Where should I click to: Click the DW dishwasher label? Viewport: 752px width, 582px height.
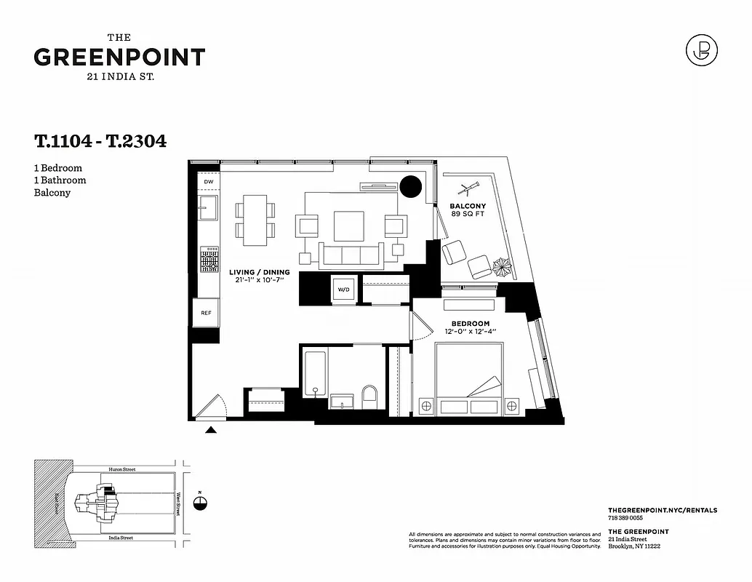click(208, 182)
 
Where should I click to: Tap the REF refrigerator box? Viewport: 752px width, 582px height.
click(206, 313)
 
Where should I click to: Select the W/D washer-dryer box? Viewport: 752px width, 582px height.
click(343, 290)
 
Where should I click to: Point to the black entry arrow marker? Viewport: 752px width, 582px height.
click(211, 431)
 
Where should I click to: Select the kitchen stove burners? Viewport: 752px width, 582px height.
click(209, 259)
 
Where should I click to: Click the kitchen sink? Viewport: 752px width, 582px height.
click(209, 207)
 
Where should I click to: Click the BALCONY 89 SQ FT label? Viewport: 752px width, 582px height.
click(467, 210)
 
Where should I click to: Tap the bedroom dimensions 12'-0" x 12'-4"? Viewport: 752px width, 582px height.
click(470, 332)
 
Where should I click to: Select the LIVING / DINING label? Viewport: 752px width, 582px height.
click(260, 272)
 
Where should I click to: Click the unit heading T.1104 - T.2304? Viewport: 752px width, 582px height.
click(100, 141)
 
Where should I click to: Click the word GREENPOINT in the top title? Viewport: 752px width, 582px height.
click(119, 57)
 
